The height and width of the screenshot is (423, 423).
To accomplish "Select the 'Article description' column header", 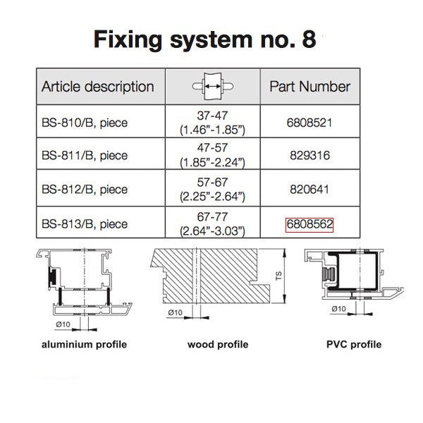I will coord(97,87).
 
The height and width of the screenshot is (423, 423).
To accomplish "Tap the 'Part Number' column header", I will coord(309,87).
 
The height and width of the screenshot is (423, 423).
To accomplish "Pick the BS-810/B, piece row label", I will coord(84,122).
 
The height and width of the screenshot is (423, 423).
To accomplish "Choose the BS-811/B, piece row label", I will coord(84,156).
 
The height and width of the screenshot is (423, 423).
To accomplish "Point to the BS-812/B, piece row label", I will coord(84,190).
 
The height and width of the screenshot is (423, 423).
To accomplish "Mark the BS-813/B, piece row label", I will coord(84,224).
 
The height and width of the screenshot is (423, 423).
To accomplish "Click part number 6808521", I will coord(309,122).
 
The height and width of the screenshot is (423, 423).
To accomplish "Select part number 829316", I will coord(309,156).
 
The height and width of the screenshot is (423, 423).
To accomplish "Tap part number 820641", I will coord(309,190).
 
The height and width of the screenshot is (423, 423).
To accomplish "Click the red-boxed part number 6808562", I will coord(309,224).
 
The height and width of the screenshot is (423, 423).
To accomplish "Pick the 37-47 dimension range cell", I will coord(213,122).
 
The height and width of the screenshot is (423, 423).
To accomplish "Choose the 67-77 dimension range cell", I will coord(213,224).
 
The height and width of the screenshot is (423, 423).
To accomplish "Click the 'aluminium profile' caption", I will coord(84,345).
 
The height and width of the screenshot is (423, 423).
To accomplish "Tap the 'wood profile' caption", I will coord(217,345).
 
